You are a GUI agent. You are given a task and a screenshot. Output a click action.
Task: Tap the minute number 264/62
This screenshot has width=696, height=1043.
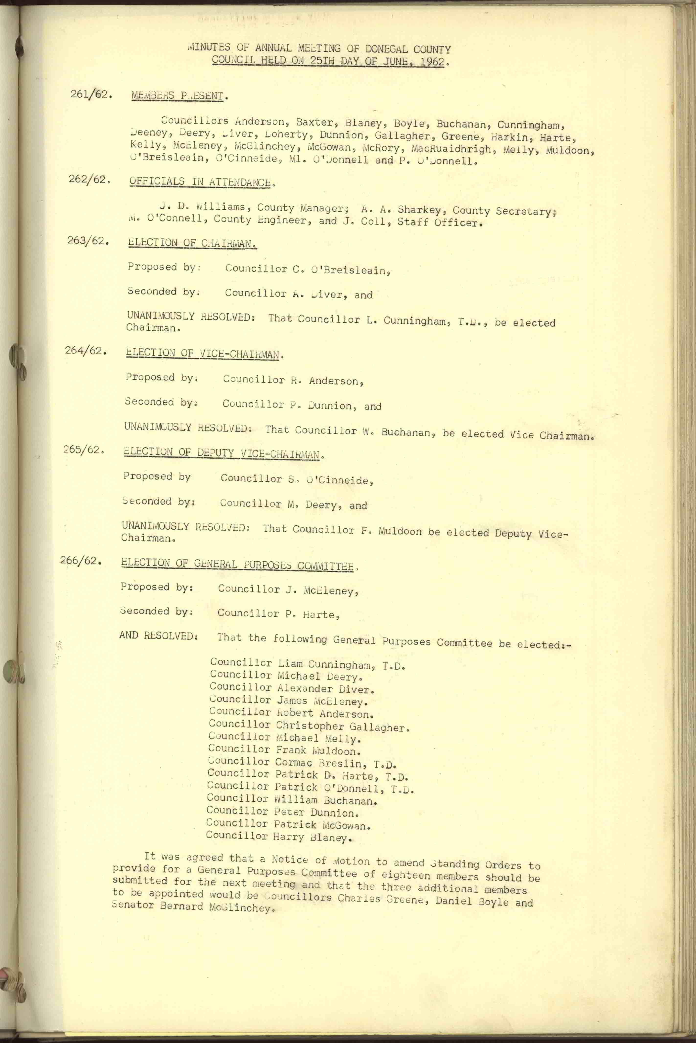[86, 351]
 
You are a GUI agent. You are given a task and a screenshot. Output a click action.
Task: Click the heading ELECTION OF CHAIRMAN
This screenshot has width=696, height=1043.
[192, 243]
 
